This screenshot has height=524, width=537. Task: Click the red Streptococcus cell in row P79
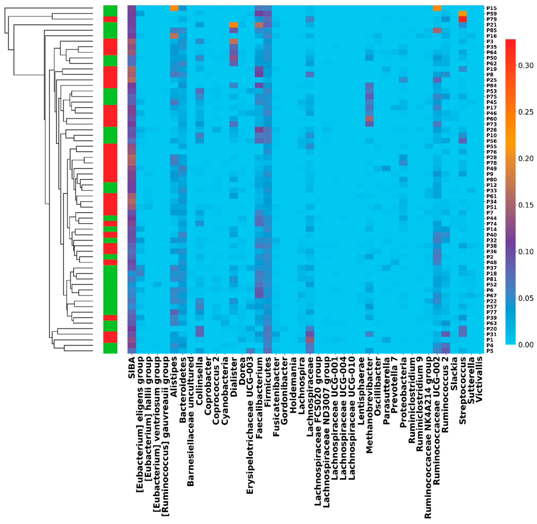click(462, 19)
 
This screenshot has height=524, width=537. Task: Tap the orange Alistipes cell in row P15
click(174, 8)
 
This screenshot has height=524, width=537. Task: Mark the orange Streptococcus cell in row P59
click(462, 14)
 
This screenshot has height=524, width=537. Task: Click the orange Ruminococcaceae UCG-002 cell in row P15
click(437, 8)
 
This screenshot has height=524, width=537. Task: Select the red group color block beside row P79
click(110, 19)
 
